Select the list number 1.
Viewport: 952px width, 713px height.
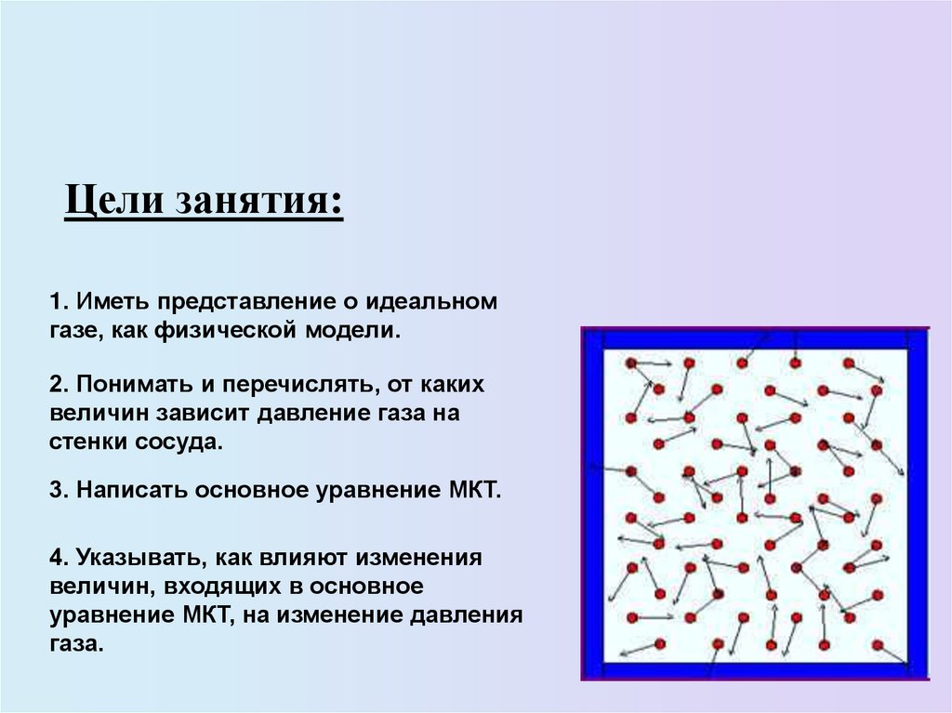57,303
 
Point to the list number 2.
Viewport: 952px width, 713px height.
57,384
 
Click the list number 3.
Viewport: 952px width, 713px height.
57,490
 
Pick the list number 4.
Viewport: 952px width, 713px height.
57,559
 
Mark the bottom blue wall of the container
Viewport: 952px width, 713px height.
754,670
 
